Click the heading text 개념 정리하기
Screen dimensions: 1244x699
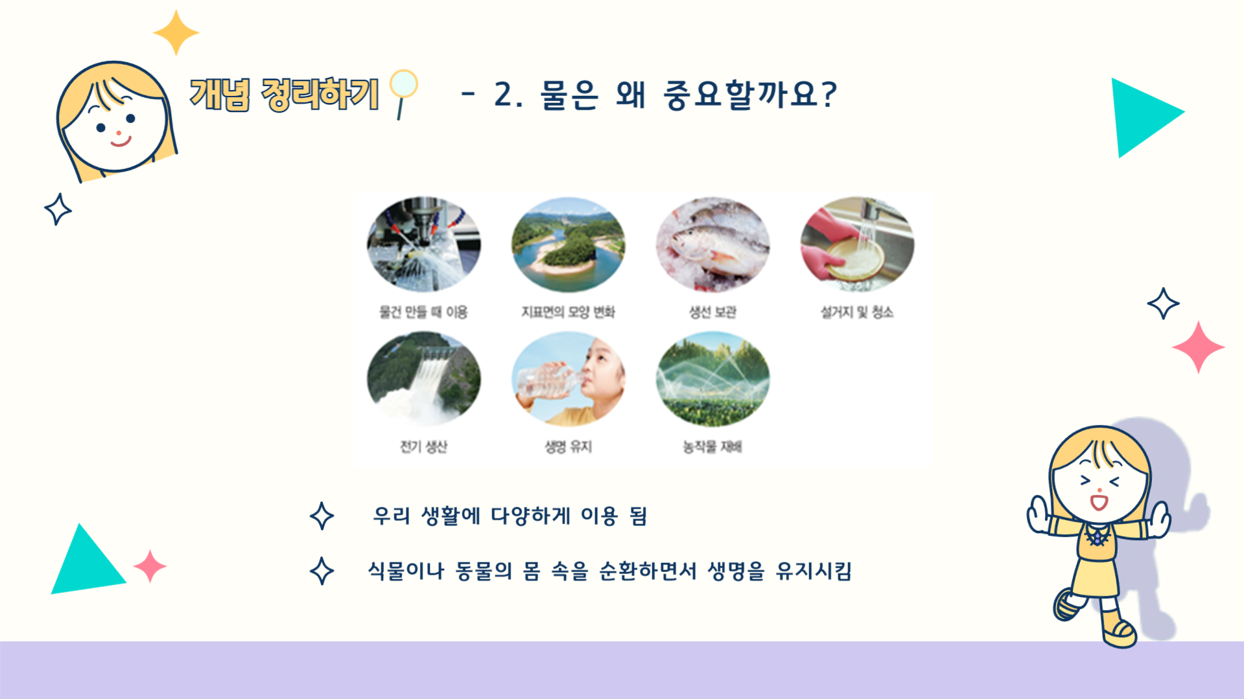click(x=284, y=95)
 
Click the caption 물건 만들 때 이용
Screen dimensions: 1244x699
click(x=423, y=312)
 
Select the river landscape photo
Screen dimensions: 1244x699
click(x=568, y=245)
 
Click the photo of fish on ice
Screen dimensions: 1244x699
click(x=712, y=245)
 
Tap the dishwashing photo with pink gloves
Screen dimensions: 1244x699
click(x=857, y=245)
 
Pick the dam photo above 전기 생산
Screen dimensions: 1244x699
click(x=423, y=379)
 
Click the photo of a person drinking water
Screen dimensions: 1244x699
click(x=568, y=379)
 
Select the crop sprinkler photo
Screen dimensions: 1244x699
click(x=712, y=379)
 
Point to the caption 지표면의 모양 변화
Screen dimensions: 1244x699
click(x=568, y=312)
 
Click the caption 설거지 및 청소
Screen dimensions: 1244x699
click(x=857, y=312)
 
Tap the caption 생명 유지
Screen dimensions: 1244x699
click(x=568, y=447)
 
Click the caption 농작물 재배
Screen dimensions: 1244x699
click(x=712, y=447)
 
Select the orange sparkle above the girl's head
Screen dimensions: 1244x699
click(x=176, y=32)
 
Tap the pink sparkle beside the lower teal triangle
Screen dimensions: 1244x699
click(x=150, y=566)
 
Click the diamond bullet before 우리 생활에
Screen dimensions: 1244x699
click(x=322, y=516)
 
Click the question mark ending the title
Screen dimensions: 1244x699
click(x=828, y=95)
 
